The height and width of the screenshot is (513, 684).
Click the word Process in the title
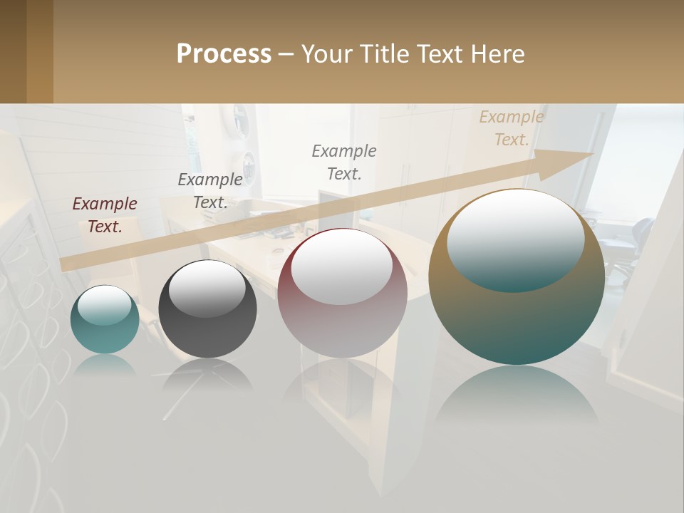[x=224, y=54]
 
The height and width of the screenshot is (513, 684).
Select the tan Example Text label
[x=512, y=128]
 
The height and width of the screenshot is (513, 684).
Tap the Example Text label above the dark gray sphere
[x=210, y=191]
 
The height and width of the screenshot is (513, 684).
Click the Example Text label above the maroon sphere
[x=344, y=162]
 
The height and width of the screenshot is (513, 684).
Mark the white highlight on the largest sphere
[x=516, y=239]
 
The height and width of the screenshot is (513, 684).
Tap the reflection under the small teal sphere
[x=105, y=365]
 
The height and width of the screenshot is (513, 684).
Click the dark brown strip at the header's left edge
[x=13, y=51]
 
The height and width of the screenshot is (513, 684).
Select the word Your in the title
[x=326, y=54]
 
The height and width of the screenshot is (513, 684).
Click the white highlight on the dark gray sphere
[x=207, y=289]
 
